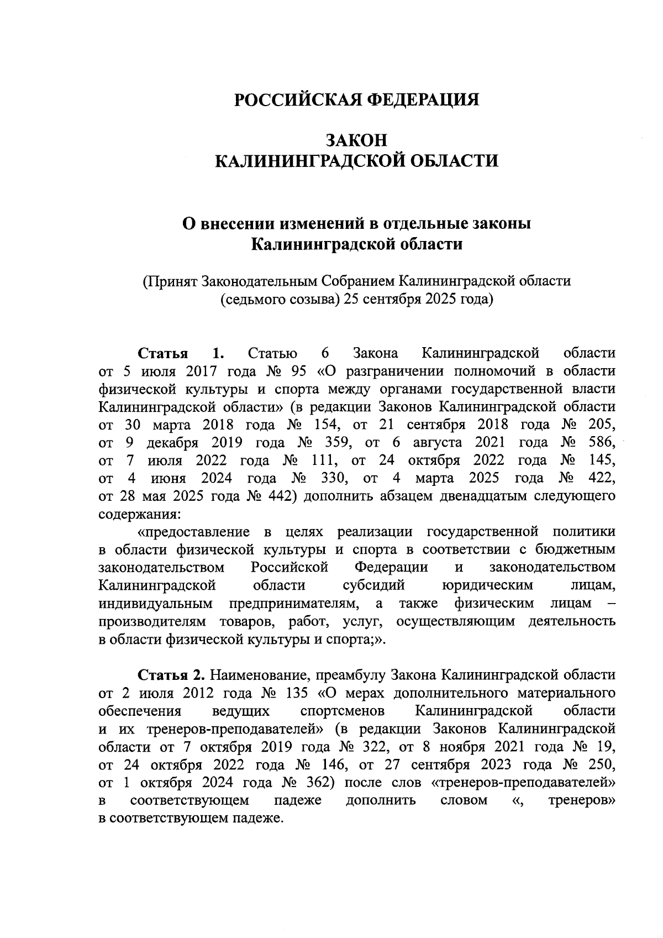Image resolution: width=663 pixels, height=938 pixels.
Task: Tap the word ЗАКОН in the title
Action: coord(356,140)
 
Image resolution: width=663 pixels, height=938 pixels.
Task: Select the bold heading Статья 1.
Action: coord(180,353)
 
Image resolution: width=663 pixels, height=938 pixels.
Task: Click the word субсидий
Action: coord(373,585)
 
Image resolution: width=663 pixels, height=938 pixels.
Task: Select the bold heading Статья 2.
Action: coord(171,675)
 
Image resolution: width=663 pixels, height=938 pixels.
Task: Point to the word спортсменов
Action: coord(343,711)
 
